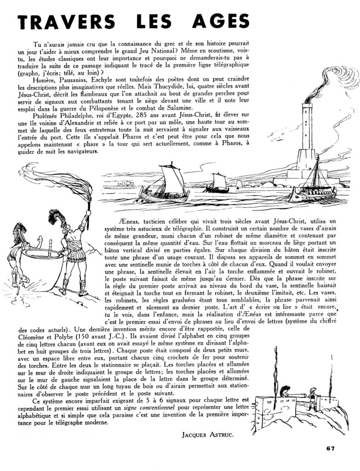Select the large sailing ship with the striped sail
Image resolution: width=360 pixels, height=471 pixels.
click(x=166, y=184)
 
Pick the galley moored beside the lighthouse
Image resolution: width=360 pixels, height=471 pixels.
click(x=313, y=189)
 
